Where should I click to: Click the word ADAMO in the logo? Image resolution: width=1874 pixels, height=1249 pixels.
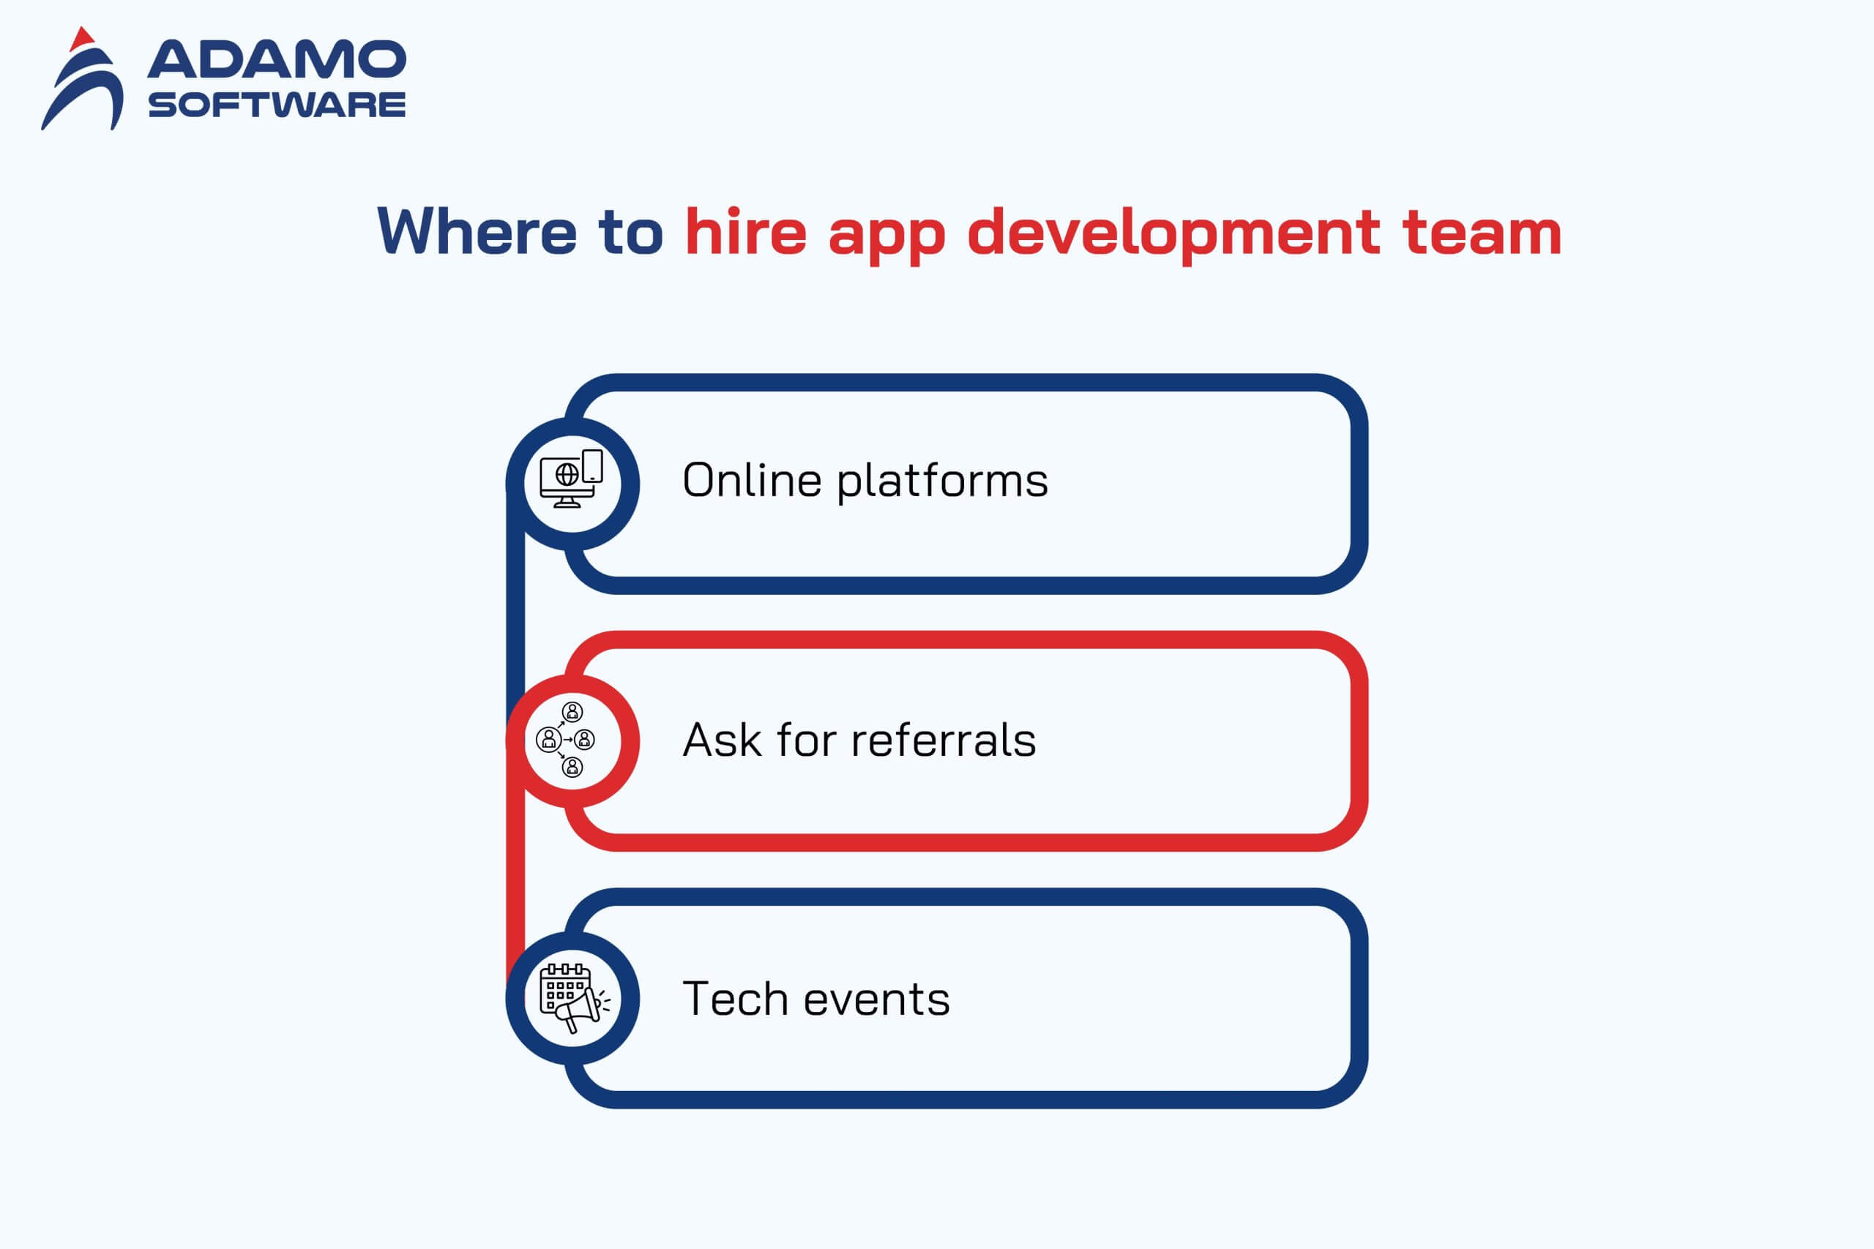pos(277,59)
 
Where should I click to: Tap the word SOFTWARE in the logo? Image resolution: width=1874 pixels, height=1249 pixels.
pos(277,105)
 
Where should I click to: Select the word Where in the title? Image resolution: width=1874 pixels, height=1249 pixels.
pos(477,231)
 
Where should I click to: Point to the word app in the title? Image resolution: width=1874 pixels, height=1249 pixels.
pos(886,237)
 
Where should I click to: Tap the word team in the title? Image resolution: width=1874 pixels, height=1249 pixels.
pos(1482,233)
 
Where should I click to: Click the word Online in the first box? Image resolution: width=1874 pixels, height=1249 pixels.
pos(751,479)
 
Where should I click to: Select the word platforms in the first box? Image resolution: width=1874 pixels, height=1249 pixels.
pos(943,482)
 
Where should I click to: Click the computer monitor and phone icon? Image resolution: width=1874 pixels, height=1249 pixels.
pos(571,478)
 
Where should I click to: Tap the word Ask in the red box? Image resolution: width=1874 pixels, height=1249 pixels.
pos(722,739)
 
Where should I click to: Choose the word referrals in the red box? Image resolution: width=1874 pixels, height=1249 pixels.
pos(944,739)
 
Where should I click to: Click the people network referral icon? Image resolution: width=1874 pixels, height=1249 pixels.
pos(566,739)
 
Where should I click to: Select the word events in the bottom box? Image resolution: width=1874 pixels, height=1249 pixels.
pos(876,999)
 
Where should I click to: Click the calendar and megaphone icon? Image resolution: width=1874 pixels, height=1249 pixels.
pos(575,998)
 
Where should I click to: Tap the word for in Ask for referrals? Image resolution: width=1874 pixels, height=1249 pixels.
pos(805,739)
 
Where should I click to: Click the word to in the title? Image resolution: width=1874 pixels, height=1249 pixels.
pos(630,233)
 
